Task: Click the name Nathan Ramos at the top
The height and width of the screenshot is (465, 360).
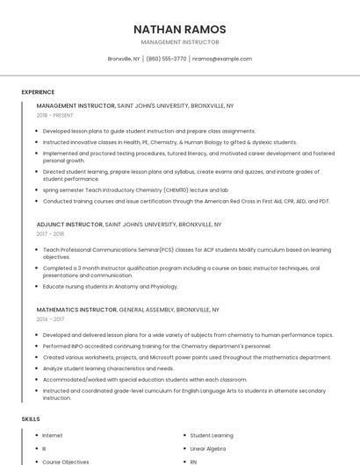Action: click(x=180, y=29)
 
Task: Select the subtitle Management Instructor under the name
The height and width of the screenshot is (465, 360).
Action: click(x=180, y=42)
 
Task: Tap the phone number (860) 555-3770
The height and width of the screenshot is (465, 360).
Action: click(x=167, y=59)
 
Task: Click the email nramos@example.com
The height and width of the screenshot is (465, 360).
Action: click(x=222, y=59)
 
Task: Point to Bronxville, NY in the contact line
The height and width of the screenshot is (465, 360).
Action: click(x=124, y=59)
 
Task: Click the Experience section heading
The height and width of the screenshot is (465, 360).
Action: click(x=38, y=92)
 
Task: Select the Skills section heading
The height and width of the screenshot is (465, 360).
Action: click(x=31, y=419)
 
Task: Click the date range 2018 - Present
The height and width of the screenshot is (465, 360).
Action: click(x=55, y=115)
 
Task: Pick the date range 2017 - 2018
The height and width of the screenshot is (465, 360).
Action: click(x=51, y=234)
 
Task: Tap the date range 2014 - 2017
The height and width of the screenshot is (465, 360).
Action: click(x=50, y=319)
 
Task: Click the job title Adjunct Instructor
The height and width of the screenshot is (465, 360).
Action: click(x=69, y=225)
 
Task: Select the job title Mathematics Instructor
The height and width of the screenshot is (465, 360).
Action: click(x=76, y=310)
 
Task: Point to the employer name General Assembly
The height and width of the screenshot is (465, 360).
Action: click(x=145, y=310)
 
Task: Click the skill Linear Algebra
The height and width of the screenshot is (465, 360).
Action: click(x=207, y=448)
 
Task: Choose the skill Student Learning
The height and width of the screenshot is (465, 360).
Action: click(x=212, y=435)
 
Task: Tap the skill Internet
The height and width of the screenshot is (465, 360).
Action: click(x=53, y=435)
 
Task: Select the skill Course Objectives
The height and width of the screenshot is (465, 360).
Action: click(x=66, y=461)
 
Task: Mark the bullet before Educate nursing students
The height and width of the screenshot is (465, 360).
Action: click(x=37, y=286)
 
